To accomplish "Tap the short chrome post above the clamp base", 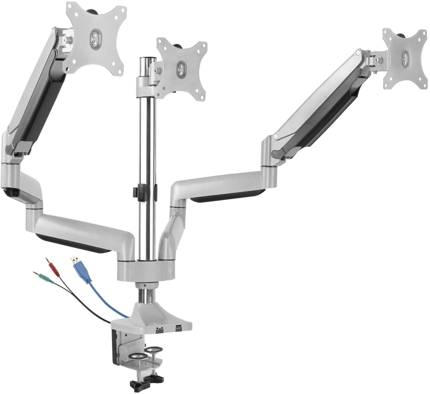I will click(146, 296).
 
